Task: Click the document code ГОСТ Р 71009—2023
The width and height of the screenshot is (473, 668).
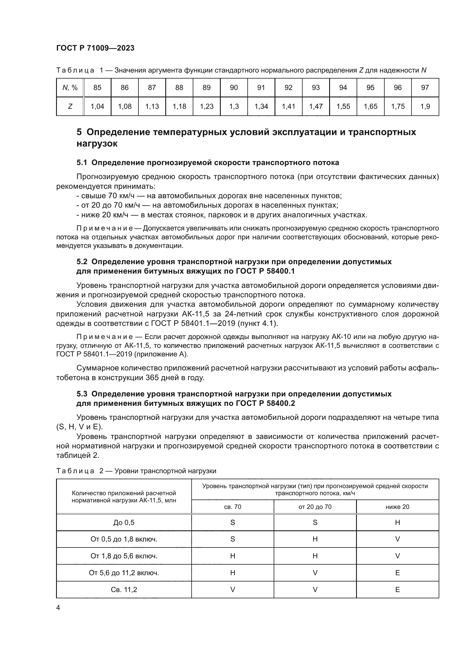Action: pos(95,48)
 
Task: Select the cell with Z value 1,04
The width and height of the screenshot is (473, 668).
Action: pos(97,107)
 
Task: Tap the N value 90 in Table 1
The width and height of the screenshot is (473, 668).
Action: pos(234,88)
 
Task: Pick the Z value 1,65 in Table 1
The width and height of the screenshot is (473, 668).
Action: pos(370,107)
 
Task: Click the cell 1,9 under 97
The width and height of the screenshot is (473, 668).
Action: pos(425,107)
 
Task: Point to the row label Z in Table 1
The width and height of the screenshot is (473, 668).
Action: pos(70,107)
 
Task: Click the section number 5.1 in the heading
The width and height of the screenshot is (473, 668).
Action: pos(82,163)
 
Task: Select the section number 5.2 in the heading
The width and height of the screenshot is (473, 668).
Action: pos(82,262)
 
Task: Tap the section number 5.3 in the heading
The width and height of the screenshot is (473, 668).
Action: pos(82,394)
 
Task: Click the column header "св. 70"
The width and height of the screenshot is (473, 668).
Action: pos(232,507)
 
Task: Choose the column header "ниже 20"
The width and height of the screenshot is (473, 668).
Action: pos(397,507)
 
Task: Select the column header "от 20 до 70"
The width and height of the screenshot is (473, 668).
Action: pos(315,507)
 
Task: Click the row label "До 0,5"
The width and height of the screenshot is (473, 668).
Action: pos(124,523)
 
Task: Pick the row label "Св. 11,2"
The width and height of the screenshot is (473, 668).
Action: pos(124,590)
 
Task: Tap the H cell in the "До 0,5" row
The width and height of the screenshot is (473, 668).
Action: pos(397,523)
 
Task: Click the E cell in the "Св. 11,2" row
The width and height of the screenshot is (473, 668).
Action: pos(397,590)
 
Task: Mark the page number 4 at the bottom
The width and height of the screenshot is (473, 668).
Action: pos(58,608)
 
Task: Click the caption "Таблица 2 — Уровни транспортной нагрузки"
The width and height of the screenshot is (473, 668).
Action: pos(136,471)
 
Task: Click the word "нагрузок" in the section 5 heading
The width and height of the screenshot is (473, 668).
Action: pos(97,144)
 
